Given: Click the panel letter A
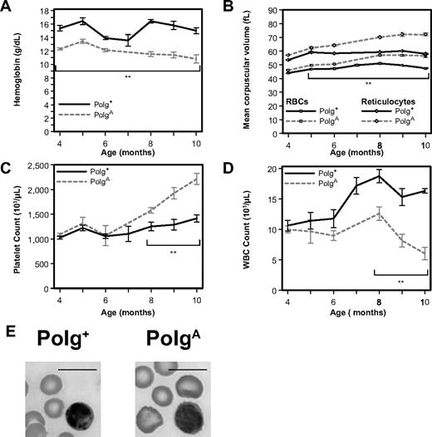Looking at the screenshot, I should pos(7,7).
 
